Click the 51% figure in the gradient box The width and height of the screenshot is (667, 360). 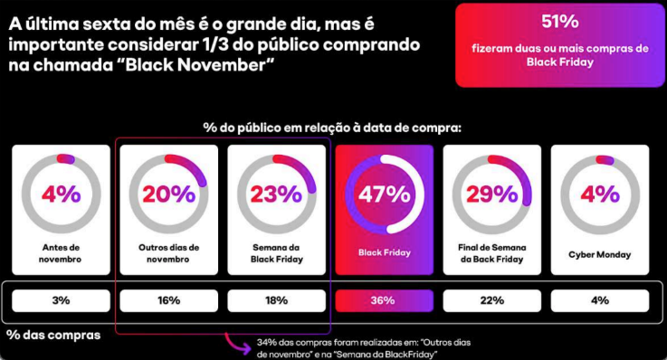tap(560, 21)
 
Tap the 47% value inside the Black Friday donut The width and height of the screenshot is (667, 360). tap(385, 194)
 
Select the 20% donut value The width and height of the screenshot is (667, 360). tap(169, 194)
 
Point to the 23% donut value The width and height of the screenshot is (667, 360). tap(277, 194)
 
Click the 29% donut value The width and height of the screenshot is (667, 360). tap(492, 194)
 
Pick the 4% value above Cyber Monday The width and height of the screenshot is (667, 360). tap(600, 194)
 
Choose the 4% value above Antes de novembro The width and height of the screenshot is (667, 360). tap(61, 194)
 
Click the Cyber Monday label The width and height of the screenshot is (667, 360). tap(600, 254)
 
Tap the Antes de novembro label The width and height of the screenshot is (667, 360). tap(61, 253)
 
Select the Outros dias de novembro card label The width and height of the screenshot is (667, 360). tap(169, 253)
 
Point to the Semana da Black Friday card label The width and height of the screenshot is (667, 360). tap(277, 253)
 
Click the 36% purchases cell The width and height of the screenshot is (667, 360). tap(384, 300)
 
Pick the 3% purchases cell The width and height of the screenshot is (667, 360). tap(61, 300)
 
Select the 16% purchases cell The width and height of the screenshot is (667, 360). tap(169, 300)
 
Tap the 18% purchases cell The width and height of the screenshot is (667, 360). tap(277, 300)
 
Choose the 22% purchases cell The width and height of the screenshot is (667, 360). tap(492, 300)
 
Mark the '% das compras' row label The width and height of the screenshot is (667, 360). tap(53, 335)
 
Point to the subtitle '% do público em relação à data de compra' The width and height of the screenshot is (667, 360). tap(332, 128)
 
